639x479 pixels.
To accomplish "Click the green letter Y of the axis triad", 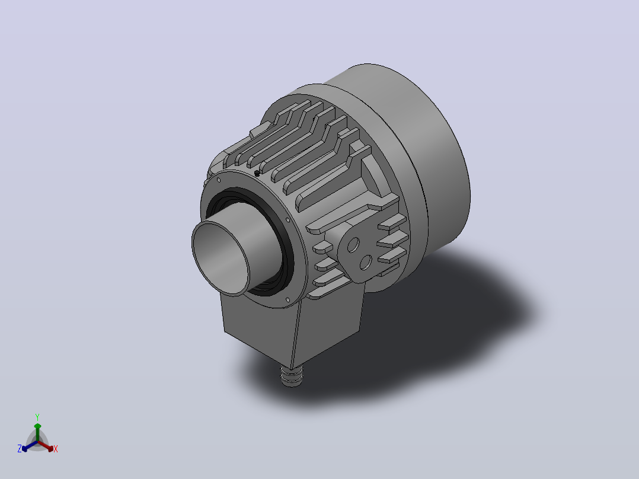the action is point(37,417).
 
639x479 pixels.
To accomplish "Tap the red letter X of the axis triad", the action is point(56,449).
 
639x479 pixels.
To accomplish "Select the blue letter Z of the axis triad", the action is point(20,449).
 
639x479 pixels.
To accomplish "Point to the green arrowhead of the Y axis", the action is point(37,426).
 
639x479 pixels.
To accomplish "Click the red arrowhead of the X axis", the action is point(50,448).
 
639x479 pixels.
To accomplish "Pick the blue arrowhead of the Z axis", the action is point(25,448).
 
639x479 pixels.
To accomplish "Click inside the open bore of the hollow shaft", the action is point(221,257).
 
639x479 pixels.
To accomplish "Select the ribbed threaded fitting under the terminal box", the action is point(292,376).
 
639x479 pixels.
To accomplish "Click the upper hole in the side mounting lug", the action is point(353,245).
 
